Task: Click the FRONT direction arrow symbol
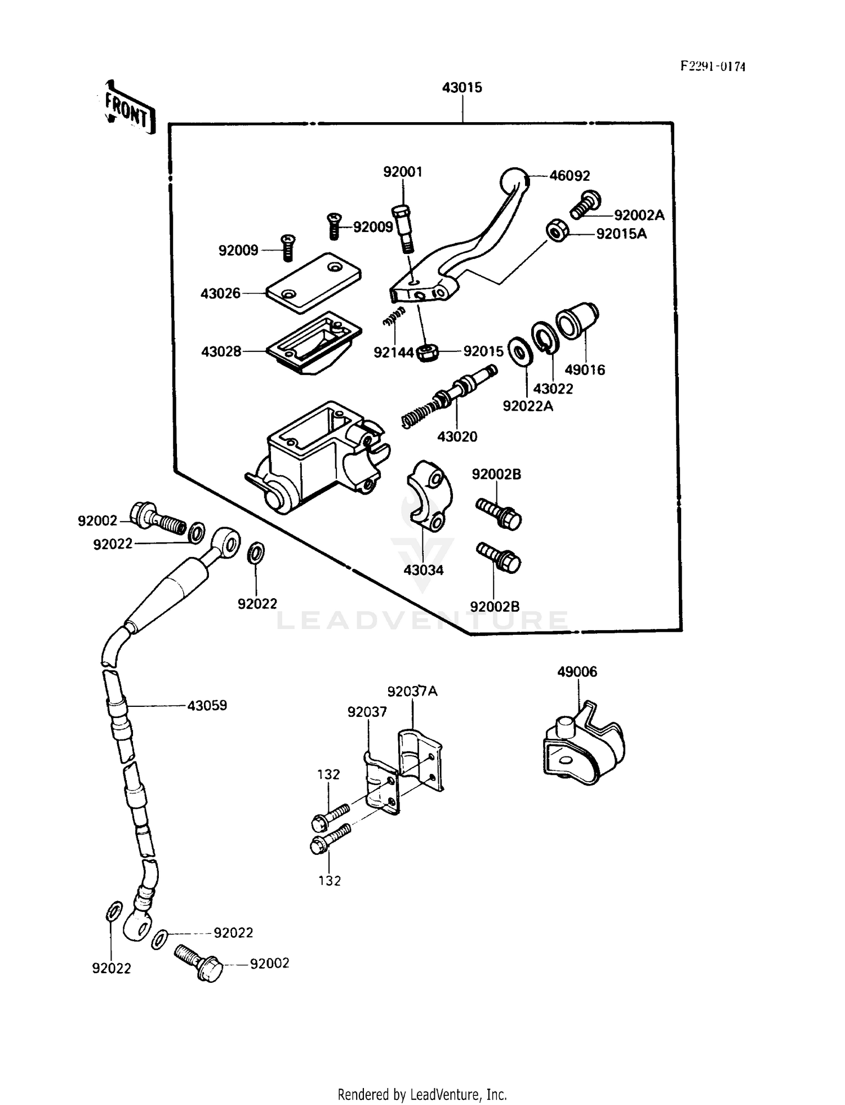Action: click(x=128, y=108)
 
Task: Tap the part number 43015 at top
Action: click(x=462, y=88)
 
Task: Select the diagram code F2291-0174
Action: click(x=712, y=66)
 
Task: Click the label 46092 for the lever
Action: click(x=570, y=176)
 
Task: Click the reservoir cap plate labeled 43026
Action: click(x=313, y=283)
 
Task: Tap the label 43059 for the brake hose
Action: click(x=207, y=705)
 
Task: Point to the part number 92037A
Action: click(x=412, y=691)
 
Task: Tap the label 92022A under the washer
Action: click(x=528, y=406)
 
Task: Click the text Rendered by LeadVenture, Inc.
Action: click(x=422, y=1094)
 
